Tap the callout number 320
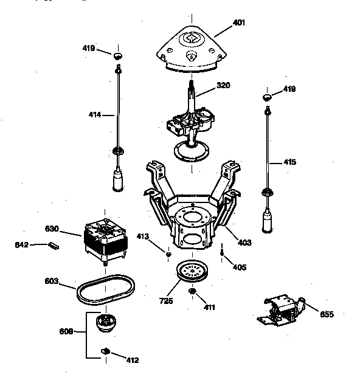click(x=223, y=86)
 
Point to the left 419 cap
click(x=118, y=56)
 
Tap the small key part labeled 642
click(x=54, y=246)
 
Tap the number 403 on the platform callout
click(x=244, y=243)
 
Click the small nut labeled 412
click(x=105, y=351)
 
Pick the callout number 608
click(x=67, y=332)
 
